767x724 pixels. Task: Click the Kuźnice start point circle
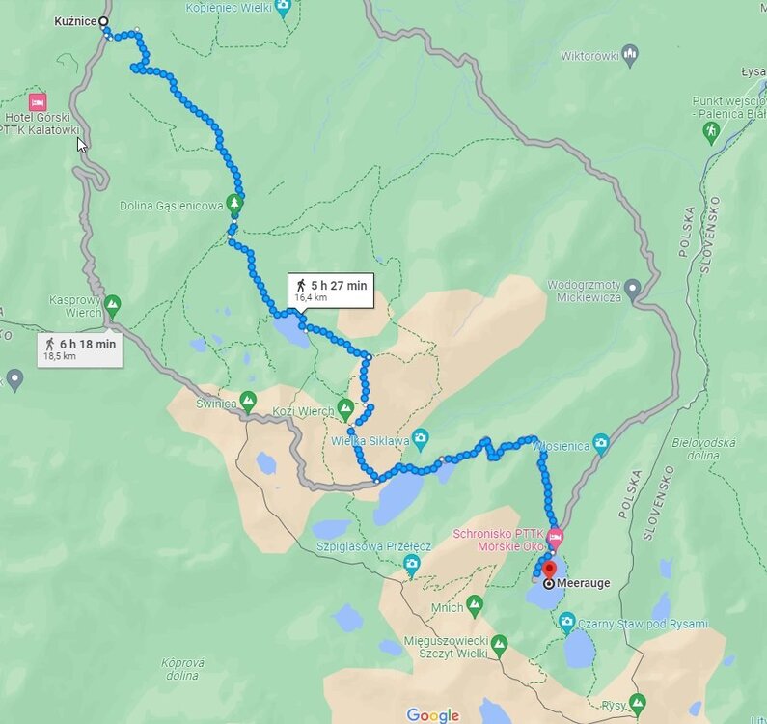(x=103, y=21)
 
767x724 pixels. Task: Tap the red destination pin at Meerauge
(x=549, y=572)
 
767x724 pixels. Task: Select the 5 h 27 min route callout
(x=331, y=289)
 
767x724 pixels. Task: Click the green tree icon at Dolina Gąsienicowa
(x=233, y=203)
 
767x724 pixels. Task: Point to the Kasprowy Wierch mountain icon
(x=112, y=305)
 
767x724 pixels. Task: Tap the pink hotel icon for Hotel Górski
(x=38, y=101)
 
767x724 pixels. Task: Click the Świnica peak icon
(x=248, y=399)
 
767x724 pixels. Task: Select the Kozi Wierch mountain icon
(x=346, y=407)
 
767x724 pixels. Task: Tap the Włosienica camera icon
(x=601, y=443)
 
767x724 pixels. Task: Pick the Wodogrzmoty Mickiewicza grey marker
(x=632, y=287)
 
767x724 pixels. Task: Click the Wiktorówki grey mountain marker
(x=630, y=54)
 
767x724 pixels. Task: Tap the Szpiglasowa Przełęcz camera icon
(x=412, y=564)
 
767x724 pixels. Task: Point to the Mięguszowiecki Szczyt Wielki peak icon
(x=499, y=643)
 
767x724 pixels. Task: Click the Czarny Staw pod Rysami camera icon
(x=567, y=620)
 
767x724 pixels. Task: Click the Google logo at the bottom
(x=432, y=714)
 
